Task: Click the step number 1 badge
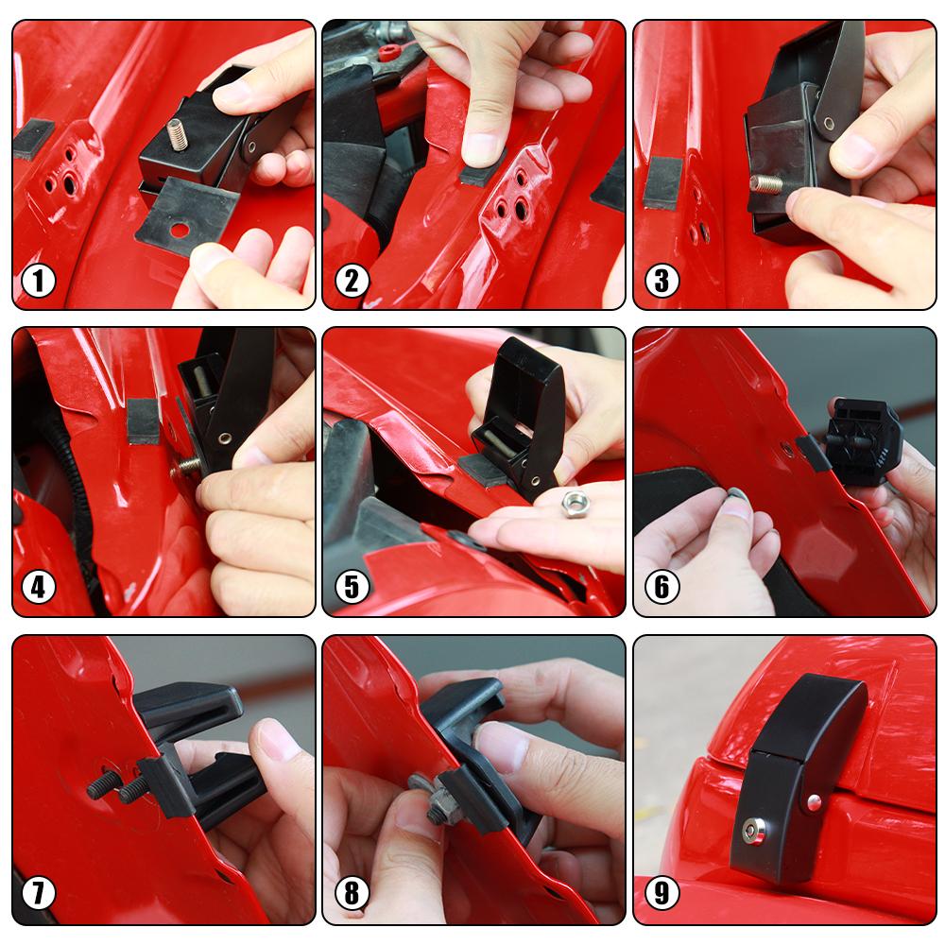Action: coord(39,281)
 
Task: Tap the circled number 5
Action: coord(352,587)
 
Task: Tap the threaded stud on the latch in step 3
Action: coord(765,183)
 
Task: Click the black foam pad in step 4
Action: coord(143,421)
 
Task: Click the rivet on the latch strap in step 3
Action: coord(829,124)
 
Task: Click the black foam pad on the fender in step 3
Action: coord(662,181)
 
